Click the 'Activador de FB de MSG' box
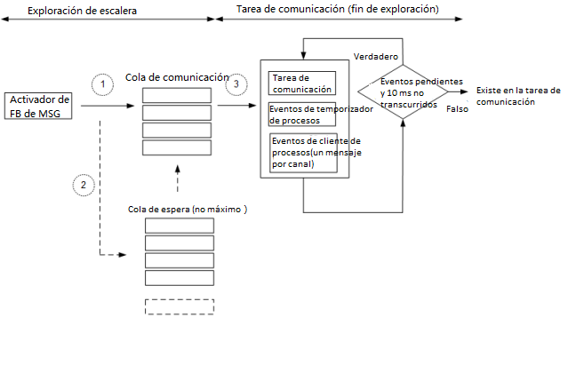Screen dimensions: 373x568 click(37, 105)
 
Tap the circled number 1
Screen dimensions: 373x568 click(104, 83)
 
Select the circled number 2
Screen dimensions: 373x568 click(84, 185)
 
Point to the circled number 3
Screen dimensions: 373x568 click(236, 85)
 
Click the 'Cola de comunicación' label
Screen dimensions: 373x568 click(177, 77)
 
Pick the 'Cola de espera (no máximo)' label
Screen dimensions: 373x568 click(187, 209)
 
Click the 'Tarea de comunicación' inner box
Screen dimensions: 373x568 click(301, 83)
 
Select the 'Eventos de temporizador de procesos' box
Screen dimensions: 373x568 click(302, 115)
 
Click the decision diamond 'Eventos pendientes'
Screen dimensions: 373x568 click(403, 91)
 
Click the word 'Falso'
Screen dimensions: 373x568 click(457, 108)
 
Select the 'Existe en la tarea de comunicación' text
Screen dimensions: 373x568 click(517, 96)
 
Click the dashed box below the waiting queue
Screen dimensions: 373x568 click(179, 306)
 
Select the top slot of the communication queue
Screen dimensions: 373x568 click(176, 95)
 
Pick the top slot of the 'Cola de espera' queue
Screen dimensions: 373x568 click(179, 225)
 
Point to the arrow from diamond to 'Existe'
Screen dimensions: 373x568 click(460, 91)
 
